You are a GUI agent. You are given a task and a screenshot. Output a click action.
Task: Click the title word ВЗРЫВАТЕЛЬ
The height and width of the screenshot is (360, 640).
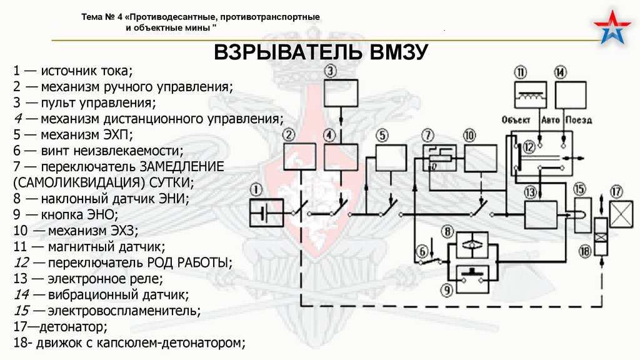coord(291,52)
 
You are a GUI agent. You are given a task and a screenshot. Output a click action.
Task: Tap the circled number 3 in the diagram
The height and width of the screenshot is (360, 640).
coord(330,71)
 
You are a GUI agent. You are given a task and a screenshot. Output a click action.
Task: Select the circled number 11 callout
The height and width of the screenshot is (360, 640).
coord(521,72)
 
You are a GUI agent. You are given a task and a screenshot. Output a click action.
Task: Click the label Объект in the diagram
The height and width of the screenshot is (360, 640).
coord(516,119)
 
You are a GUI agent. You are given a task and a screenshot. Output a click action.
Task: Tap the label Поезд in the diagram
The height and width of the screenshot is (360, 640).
coord(578,119)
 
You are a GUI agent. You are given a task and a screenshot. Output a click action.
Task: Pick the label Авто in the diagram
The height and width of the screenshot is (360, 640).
coord(550,119)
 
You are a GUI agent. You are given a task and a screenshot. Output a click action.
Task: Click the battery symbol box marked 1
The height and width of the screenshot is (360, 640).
coord(267,213)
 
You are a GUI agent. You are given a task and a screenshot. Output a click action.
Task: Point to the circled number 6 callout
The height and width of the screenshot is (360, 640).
coord(422,251)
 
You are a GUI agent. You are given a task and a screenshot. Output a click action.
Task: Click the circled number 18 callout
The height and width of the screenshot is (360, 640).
coord(585,251)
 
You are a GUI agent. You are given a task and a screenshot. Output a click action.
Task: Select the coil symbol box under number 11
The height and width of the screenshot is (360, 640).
coord(530,97)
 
